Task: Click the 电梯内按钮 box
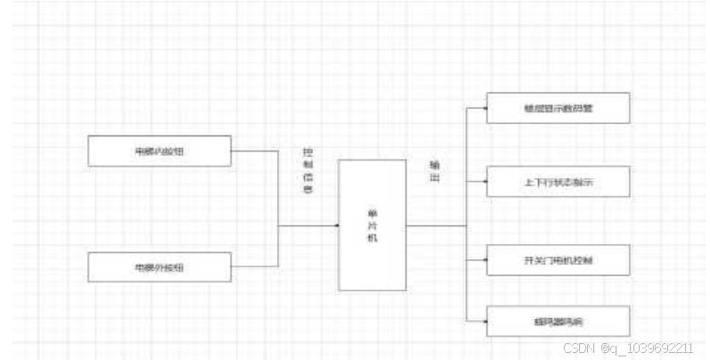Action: click(x=159, y=151)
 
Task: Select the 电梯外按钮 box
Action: click(x=159, y=266)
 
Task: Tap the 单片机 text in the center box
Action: click(x=372, y=225)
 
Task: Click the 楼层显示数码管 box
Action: click(x=559, y=108)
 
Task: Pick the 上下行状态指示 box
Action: click(x=559, y=182)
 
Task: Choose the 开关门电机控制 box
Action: click(x=559, y=260)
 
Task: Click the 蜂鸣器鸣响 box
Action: click(x=559, y=321)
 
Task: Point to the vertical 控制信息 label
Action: click(x=308, y=170)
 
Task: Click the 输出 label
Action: click(x=434, y=171)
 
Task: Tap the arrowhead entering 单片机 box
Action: click(x=336, y=225)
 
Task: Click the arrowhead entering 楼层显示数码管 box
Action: click(x=484, y=108)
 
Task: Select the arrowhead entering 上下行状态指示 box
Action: click(x=484, y=182)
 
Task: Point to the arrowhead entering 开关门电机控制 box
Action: click(x=484, y=260)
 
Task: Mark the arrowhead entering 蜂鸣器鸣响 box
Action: click(x=484, y=321)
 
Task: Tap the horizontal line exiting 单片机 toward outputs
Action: click(x=437, y=225)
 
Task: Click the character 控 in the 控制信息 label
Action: click(x=308, y=152)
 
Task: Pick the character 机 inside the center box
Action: click(x=372, y=238)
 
